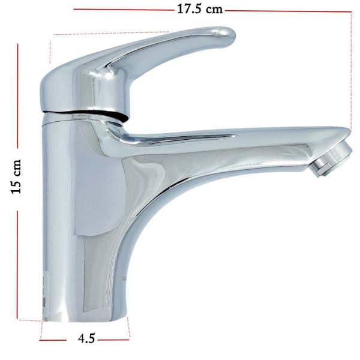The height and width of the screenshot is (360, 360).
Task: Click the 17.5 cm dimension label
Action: tap(200, 10)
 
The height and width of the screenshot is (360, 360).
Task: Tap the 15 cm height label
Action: tap(16, 177)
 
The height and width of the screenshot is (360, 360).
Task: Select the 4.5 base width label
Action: tap(86, 338)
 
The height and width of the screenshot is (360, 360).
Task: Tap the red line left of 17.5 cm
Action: tap(124, 10)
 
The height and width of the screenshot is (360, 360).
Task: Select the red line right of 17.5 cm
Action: tap(288, 11)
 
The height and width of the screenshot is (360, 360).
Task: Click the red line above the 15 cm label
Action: tap(17, 96)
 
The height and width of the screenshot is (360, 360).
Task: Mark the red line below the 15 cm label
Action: tap(17, 265)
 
